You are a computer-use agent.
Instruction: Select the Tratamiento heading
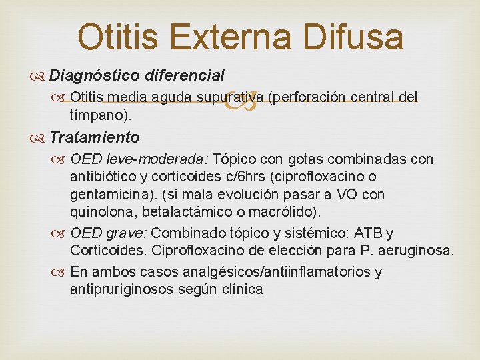pos(94,137)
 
